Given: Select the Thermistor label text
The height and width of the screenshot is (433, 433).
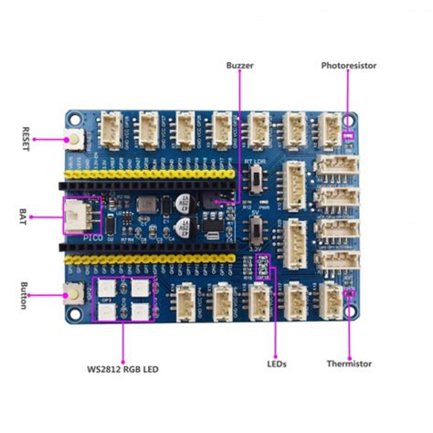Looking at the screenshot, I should tap(349, 364).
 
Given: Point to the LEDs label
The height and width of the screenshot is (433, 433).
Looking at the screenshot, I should tap(277, 364).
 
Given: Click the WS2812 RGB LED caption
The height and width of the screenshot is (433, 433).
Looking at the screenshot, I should tap(123, 369).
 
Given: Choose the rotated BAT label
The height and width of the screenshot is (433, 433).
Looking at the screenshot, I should tap(24, 216).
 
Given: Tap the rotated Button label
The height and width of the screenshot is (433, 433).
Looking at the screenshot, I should tap(24, 294).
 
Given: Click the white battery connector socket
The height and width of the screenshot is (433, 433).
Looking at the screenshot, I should tap(77, 216).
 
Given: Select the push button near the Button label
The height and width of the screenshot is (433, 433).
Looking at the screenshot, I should tap(73, 293).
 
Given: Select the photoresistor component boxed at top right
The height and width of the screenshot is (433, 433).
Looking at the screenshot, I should tap(348, 137).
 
